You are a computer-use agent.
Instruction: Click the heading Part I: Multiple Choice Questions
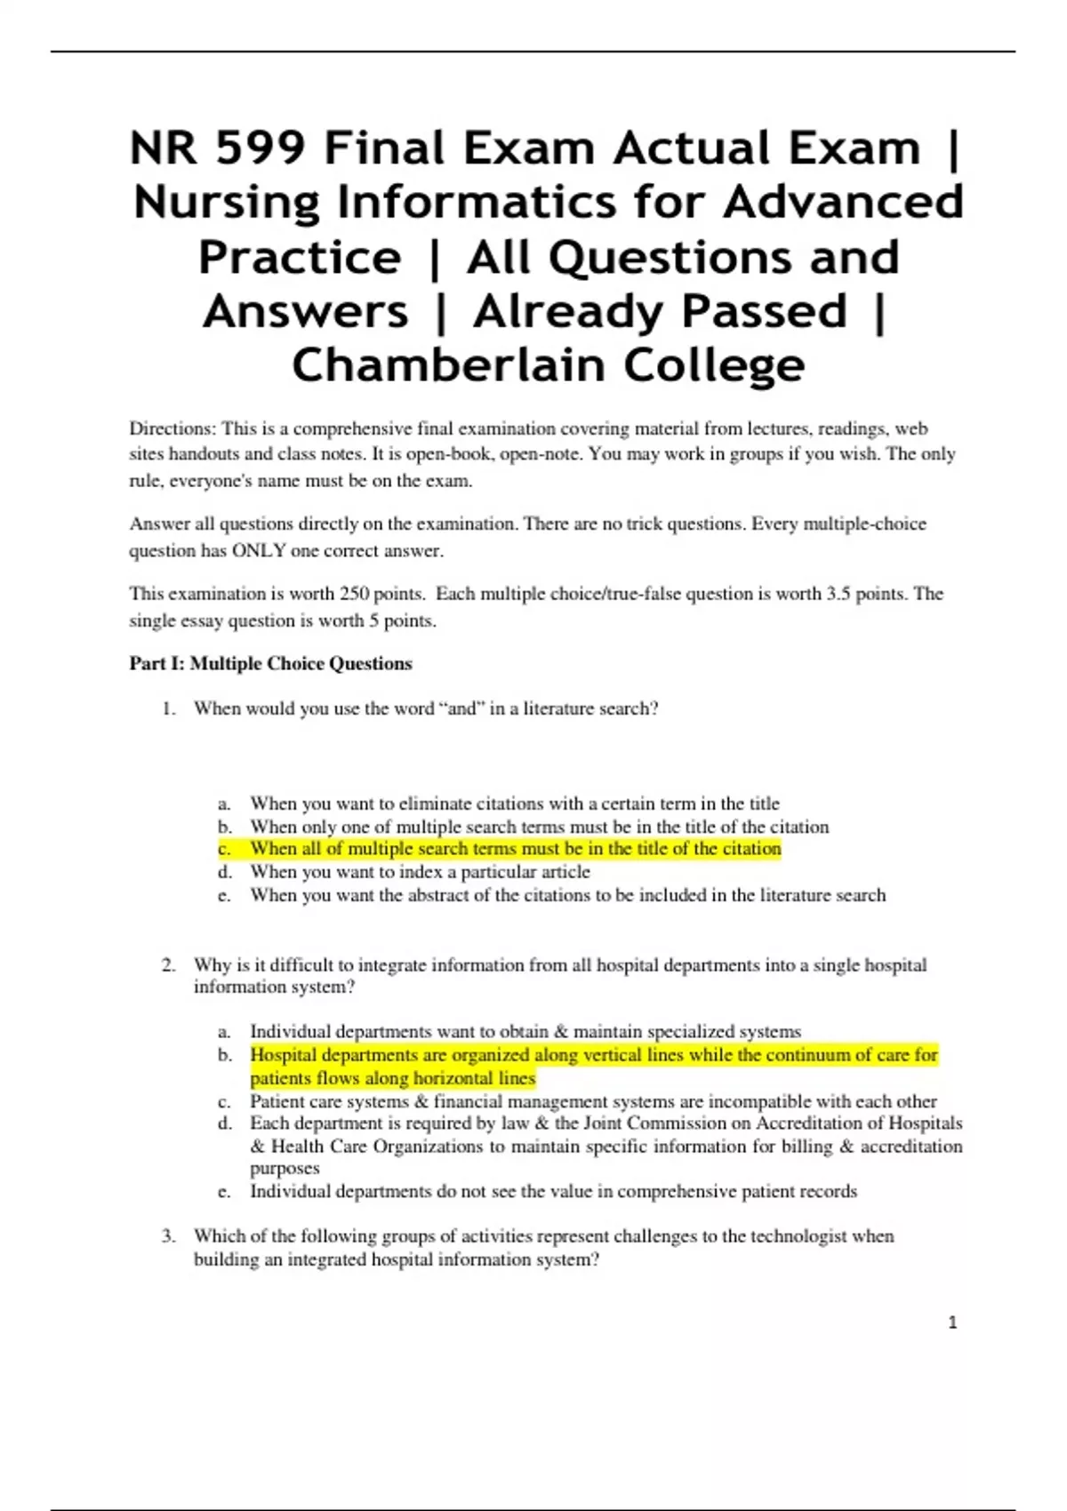point(270,663)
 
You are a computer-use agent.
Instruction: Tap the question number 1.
point(168,708)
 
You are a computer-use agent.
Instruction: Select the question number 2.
point(168,965)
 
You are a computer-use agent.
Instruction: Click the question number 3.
point(168,1236)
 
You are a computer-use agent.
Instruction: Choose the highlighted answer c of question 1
point(515,849)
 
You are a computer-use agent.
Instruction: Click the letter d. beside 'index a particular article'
point(224,872)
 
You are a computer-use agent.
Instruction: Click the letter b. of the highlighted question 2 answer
point(224,1055)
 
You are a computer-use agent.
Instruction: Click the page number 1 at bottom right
point(952,1323)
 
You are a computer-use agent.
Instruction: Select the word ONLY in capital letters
point(259,550)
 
